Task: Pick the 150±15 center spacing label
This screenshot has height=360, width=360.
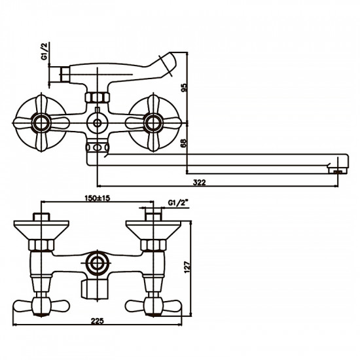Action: pos(98,197)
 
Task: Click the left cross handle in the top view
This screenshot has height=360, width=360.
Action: pos(41,122)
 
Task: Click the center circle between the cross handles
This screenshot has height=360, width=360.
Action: pos(98,122)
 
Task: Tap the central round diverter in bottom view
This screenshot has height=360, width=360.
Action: pos(98,265)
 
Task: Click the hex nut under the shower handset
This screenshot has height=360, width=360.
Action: pos(98,98)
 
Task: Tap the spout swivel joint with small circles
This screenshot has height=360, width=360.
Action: pos(98,149)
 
